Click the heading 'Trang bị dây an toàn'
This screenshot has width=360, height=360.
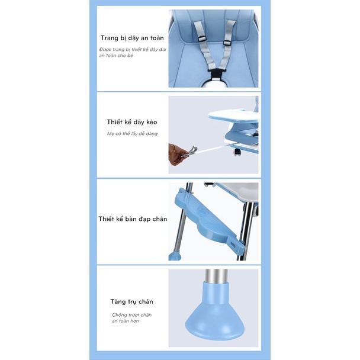(132, 38)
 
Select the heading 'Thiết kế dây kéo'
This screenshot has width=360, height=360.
(132, 122)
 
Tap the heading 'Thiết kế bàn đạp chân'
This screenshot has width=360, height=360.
(133, 219)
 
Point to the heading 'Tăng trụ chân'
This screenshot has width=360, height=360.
(131, 301)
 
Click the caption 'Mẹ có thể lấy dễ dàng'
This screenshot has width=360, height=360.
(132, 134)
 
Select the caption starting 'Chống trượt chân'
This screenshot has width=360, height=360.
(131, 318)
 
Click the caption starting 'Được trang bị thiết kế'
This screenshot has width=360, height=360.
(133, 52)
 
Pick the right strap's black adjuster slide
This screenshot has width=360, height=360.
(227, 43)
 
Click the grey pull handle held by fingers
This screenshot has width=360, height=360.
(191, 152)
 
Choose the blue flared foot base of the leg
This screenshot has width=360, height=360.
(215, 314)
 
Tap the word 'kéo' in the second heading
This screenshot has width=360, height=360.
(152, 122)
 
